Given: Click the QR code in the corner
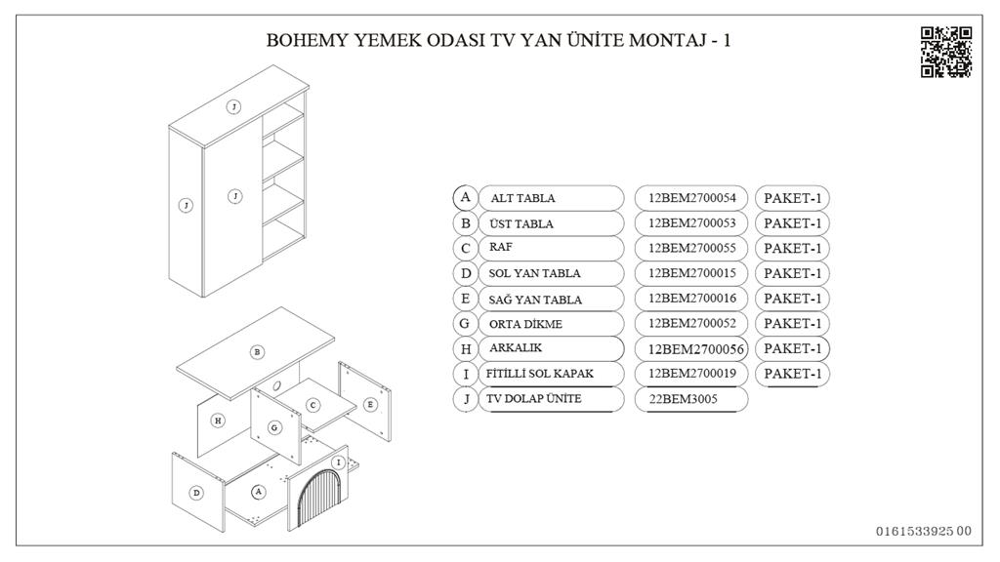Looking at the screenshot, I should [945, 53].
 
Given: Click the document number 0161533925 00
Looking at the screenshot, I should [923, 531].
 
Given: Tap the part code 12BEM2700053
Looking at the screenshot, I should [691, 223].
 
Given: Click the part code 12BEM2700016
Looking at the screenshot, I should [691, 299].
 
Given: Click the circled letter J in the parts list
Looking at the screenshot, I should [466, 399].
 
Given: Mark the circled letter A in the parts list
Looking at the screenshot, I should [466, 197].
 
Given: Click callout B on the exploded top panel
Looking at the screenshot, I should [257, 351].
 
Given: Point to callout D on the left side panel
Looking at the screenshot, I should [196, 493].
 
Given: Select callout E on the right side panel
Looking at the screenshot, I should [370, 404].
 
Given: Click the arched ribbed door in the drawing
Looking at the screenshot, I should [323, 498].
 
